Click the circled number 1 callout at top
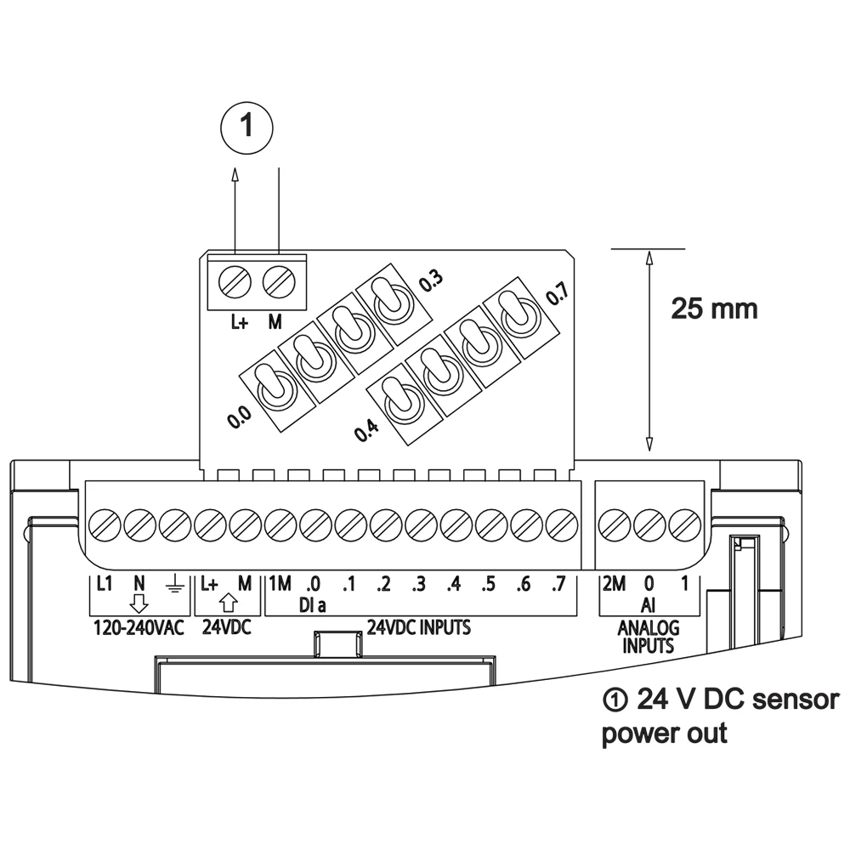coord(246,127)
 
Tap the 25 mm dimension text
coord(714,308)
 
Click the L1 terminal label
coord(105,585)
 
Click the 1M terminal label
coord(280,585)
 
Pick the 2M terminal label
coord(614,585)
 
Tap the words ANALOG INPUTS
coord(649,637)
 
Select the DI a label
coord(312,604)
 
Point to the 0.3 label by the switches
coord(432,281)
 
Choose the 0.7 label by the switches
coord(557,295)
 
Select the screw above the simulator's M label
coord(276,280)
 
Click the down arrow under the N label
coord(139,603)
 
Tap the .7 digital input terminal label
coord(558,585)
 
